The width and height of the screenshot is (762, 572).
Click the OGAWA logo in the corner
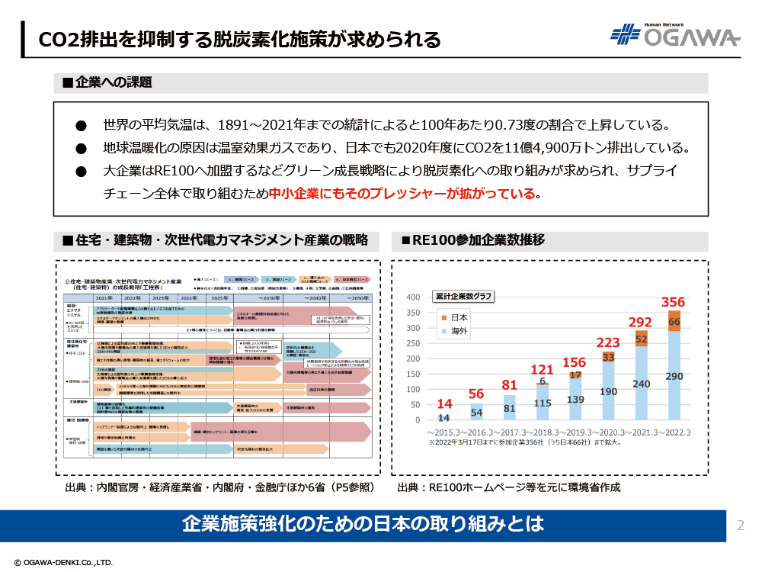point(674,35)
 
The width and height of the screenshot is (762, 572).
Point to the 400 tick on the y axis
point(412,297)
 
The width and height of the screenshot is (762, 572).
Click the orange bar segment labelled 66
point(674,321)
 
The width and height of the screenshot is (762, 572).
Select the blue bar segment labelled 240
point(642,384)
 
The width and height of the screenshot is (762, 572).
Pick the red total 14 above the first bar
point(444,403)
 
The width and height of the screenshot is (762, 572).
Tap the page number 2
point(740,525)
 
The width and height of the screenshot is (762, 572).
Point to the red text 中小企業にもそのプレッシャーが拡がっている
point(403,194)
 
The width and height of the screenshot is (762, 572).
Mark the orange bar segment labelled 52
point(641,339)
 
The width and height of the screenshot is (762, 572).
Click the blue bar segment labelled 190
point(608,391)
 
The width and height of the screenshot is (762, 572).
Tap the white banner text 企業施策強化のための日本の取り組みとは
point(363,525)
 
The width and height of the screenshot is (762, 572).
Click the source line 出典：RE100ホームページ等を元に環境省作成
point(509,487)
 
